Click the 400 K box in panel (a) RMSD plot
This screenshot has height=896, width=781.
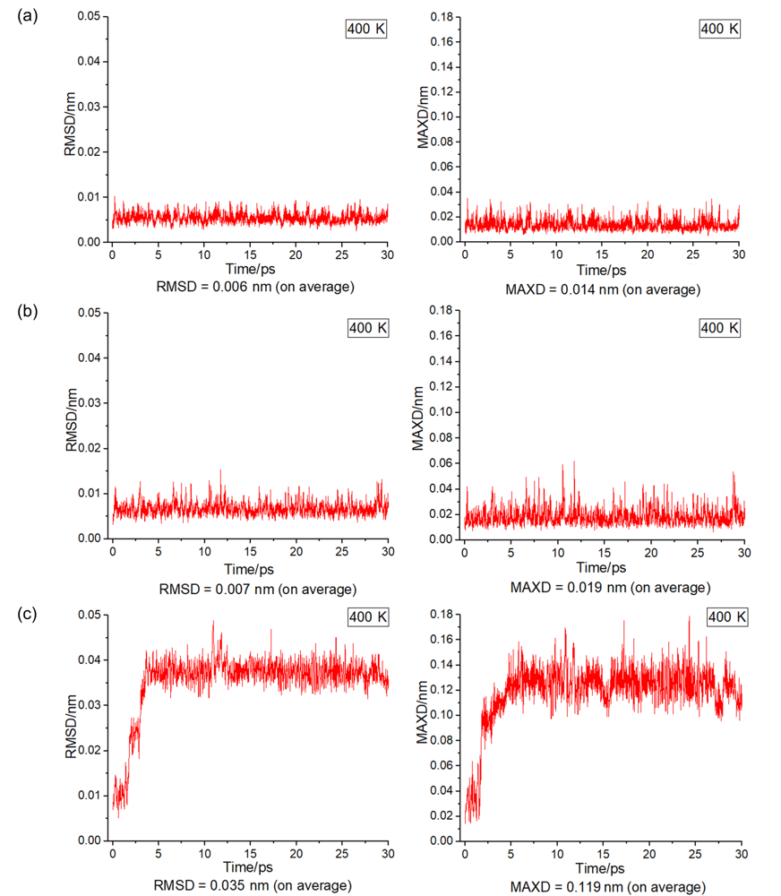(367, 29)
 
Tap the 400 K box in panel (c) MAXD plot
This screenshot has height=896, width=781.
(726, 617)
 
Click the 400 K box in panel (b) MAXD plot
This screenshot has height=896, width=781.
(720, 328)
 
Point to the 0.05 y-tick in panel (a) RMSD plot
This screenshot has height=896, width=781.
(90, 16)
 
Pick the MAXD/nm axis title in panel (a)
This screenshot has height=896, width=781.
(424, 128)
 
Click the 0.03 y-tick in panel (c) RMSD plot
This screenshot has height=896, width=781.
(90, 704)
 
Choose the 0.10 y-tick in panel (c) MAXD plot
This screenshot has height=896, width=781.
(442, 714)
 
